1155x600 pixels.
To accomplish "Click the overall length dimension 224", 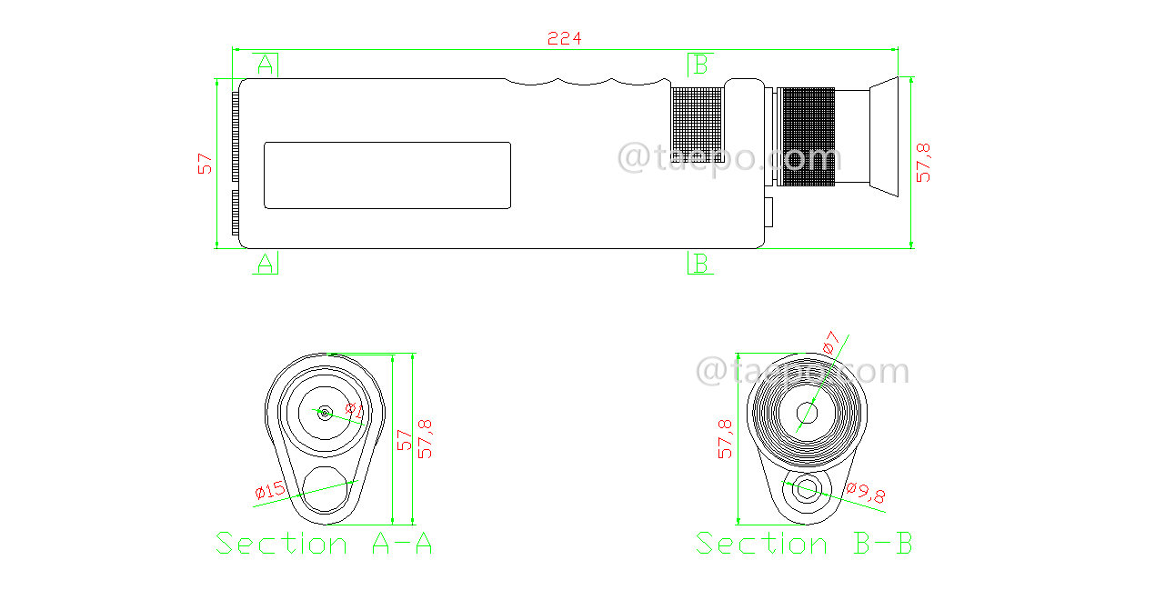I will click(564, 38).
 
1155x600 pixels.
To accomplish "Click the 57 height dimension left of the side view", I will click(206, 164).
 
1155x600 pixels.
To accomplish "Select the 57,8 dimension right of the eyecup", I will click(924, 162).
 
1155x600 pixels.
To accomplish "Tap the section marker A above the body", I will click(265, 65).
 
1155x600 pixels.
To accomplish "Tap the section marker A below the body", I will click(265, 264).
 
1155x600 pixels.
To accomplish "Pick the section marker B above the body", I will click(699, 65).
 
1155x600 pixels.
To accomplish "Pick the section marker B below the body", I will click(699, 264).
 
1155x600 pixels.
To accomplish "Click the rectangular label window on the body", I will click(387, 175).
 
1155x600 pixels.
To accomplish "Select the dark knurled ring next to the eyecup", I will click(808, 137).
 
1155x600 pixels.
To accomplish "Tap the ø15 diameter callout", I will click(271, 492).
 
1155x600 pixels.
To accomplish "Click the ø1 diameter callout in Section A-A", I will click(355, 411).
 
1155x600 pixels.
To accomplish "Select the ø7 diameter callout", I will click(829, 345).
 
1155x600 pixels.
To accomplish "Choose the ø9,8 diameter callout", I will click(866, 494).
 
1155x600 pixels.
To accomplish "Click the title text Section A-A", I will click(324, 544).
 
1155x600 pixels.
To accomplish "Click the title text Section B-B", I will click(804, 544).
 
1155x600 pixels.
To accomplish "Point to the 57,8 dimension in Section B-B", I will click(725, 438).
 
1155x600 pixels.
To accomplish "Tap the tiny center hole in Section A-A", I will click(324, 412).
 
